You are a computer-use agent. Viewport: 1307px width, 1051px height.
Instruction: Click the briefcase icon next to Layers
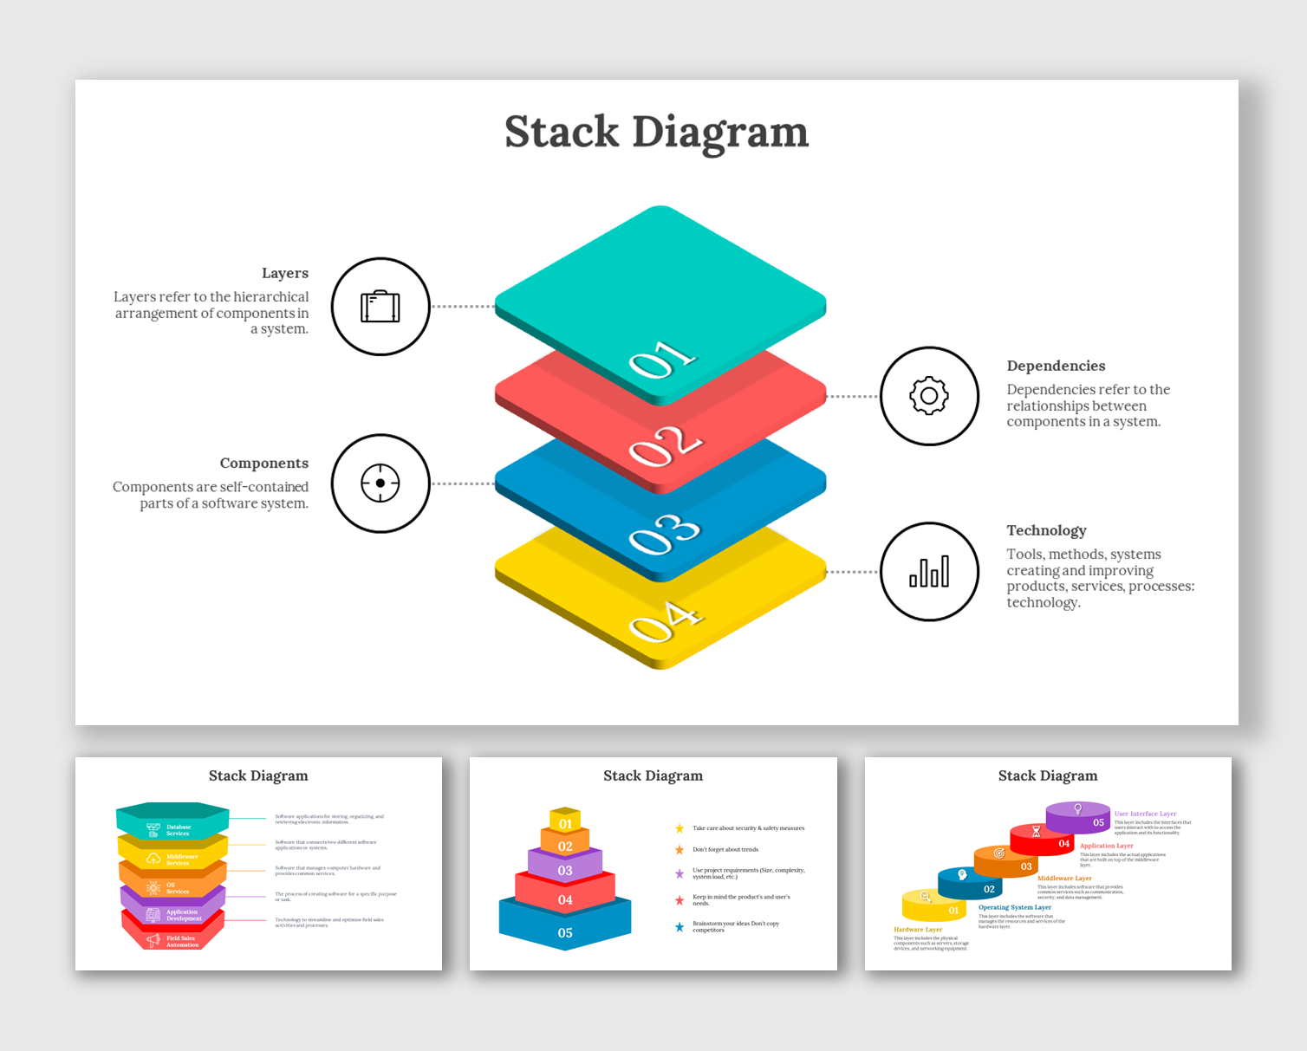coord(380,307)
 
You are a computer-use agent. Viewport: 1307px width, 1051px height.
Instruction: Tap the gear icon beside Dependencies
coord(929,396)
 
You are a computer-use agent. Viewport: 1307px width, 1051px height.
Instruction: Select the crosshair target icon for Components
coord(380,483)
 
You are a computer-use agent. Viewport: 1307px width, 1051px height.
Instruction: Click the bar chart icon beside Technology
coord(929,572)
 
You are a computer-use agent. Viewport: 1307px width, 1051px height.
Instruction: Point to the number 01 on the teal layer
coord(662,359)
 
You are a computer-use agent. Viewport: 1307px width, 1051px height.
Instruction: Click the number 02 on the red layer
coord(664,445)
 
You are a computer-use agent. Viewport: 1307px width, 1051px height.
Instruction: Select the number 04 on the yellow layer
coord(664,620)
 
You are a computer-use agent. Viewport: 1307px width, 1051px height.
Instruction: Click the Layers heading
coord(284,273)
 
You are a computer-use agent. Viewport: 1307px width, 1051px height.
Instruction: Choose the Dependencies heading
coord(1056,366)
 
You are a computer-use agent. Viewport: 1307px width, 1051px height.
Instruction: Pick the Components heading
coord(263,464)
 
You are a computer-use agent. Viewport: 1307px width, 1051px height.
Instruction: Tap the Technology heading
coord(1046,530)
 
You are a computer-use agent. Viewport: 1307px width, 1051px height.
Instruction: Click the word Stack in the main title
coord(562,133)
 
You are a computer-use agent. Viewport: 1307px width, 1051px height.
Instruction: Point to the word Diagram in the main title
coord(719,133)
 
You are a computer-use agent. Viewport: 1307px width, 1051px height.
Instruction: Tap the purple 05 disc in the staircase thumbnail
coord(1079,818)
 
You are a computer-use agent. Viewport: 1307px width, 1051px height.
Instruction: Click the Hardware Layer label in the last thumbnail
coord(918,930)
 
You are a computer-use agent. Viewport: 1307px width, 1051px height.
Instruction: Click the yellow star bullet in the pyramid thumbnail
coord(680,828)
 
